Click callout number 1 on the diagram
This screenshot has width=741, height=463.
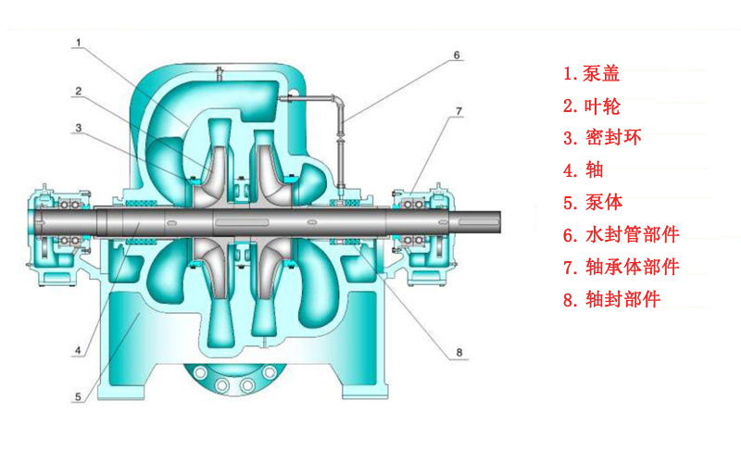79,43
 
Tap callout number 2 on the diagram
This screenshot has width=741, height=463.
79,91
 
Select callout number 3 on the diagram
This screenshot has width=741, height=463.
79,128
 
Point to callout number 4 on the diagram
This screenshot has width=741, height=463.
79,351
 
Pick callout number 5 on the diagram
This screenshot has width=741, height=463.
79,397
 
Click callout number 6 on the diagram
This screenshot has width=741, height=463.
457,56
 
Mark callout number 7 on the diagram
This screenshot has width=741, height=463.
458,111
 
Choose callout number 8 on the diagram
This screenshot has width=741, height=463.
458,353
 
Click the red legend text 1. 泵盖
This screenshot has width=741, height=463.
591,74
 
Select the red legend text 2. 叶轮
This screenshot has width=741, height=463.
591,106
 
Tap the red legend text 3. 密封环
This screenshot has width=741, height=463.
602,137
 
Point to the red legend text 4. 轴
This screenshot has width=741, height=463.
584,169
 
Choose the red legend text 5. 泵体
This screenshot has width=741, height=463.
593,202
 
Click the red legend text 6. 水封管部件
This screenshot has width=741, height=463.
621,234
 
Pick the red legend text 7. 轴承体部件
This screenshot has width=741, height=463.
621,267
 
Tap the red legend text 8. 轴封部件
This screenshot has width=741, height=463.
611,299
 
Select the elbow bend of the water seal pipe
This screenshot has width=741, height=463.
338,101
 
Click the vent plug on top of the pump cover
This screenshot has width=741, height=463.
219,74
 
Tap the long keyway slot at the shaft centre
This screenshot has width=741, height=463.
242,222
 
